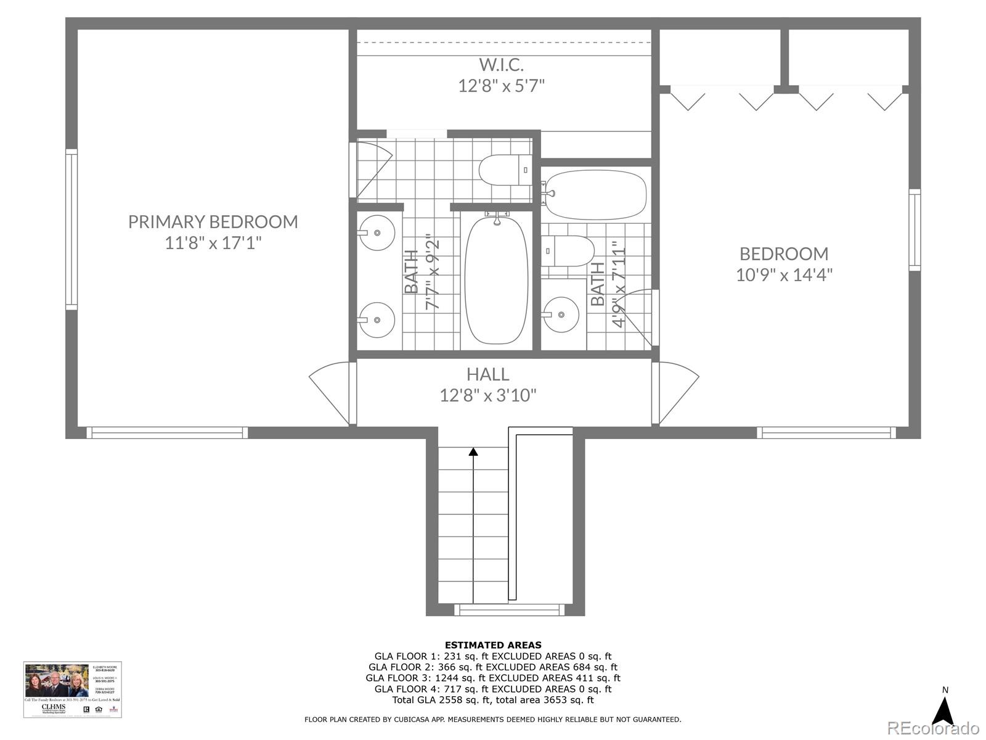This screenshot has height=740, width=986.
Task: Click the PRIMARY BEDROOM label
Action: point(213,221)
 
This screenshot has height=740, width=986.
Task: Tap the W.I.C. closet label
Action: point(501,64)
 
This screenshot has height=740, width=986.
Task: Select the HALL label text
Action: point(487,374)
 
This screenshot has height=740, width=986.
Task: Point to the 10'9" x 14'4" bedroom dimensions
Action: point(784,274)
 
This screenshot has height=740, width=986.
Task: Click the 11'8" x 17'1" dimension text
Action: point(213,243)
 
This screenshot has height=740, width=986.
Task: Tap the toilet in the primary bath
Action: point(505,170)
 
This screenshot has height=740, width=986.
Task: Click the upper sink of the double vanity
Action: point(377,232)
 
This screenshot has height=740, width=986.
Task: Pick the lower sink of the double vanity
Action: point(377,320)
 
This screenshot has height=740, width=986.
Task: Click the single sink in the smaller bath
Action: point(561,314)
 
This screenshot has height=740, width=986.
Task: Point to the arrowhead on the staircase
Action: point(473,451)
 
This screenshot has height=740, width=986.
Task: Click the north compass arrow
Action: point(943,712)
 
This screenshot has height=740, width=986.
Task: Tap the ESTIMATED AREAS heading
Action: point(493,645)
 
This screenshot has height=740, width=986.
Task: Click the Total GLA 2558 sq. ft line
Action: point(493,700)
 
